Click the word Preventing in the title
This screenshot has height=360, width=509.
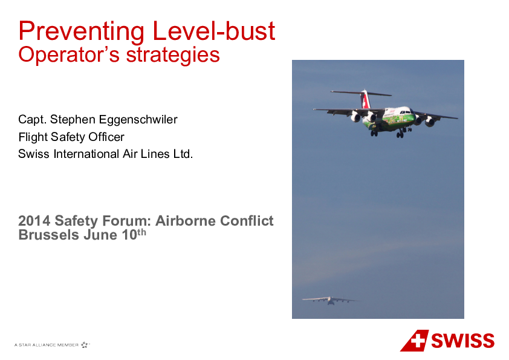[81, 32]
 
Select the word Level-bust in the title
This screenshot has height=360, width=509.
[213, 31]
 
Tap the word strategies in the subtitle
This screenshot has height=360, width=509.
[173, 55]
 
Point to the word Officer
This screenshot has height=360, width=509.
[106, 137]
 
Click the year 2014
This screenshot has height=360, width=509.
[34, 221]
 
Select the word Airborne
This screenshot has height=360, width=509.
[185, 221]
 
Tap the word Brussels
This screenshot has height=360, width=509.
[49, 235]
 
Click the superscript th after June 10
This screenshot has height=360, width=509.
[141, 232]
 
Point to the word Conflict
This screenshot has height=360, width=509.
[247, 221]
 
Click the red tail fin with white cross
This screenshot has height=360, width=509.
[366, 100]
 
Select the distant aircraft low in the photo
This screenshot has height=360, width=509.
[331, 301]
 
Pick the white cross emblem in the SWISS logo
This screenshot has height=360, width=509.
[418, 340]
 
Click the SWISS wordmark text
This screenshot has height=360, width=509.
[462, 341]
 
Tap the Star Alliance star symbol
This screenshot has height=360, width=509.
[85, 345]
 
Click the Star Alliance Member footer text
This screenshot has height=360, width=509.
[47, 345]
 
